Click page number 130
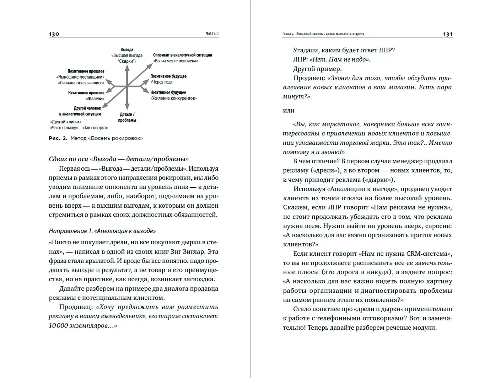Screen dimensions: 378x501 pyautogui.click(x=54, y=34)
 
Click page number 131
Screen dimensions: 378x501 pyautogui.click(x=447, y=34)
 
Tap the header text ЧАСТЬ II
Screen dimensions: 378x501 pyautogui.click(x=212, y=34)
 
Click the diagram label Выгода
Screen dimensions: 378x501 pyautogui.click(x=127, y=50)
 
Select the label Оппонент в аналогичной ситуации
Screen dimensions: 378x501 pyautogui.click(x=182, y=55)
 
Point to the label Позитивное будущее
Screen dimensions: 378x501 pyautogui.click(x=168, y=76)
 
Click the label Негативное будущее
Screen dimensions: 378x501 pyautogui.click(x=168, y=92)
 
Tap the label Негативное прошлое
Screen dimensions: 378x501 pyautogui.click(x=86, y=93)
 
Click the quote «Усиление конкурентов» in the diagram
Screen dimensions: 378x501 pyautogui.click(x=173, y=98)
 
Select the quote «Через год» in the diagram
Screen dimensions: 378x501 pyautogui.click(x=161, y=82)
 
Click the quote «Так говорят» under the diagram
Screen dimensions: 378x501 pyautogui.click(x=95, y=128)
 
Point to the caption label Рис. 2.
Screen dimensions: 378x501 pyautogui.click(x=58, y=138)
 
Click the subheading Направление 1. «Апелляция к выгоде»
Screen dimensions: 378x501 pyautogui.click(x=102, y=231)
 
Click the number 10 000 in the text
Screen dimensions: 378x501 pyautogui.click(x=58, y=325)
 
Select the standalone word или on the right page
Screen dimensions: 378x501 pyautogui.click(x=289, y=111)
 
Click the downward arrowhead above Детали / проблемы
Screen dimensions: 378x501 pyautogui.click(x=127, y=107)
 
